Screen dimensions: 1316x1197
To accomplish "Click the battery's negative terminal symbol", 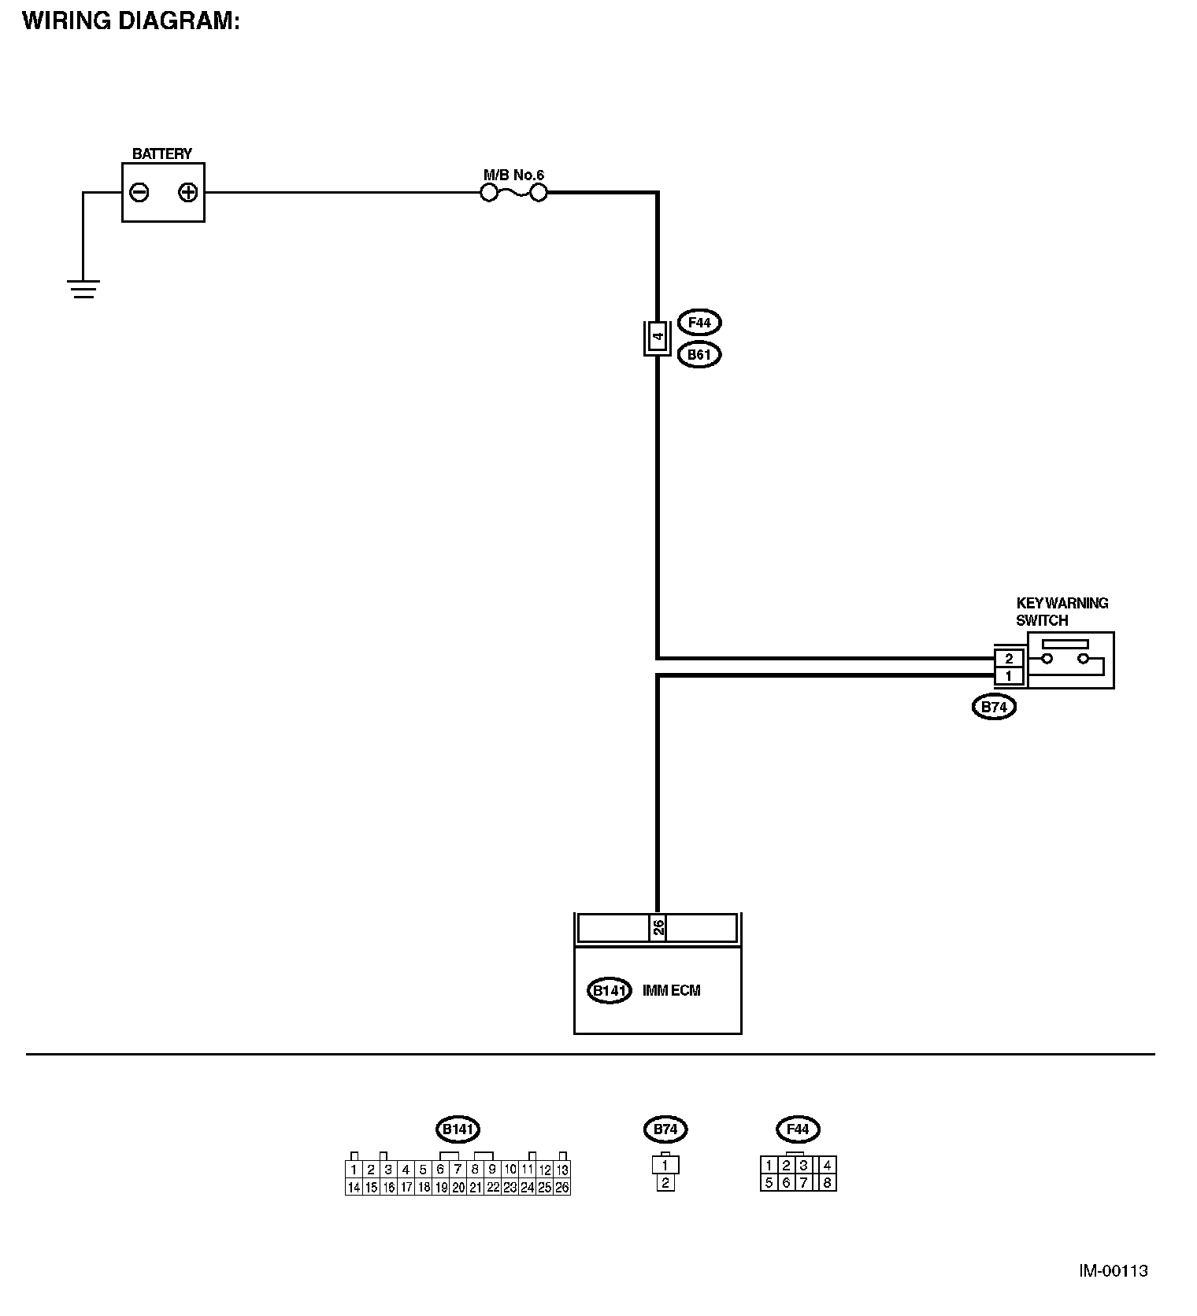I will (139, 192).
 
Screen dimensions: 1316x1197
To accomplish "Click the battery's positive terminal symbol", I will (187, 192).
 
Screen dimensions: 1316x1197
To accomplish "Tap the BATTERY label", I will (162, 153).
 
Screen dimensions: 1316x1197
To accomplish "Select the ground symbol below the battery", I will (83, 289).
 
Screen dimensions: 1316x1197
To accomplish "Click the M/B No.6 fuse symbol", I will (513, 193).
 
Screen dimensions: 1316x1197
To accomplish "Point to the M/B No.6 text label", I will (513, 175).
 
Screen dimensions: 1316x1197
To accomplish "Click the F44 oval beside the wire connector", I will (699, 323).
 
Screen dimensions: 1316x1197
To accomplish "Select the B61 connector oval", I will (699, 355).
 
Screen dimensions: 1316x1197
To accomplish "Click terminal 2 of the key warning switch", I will (1009, 658).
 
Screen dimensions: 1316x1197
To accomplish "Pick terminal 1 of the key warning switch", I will (1009, 676).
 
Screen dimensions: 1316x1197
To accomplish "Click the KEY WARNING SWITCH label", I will (1062, 612).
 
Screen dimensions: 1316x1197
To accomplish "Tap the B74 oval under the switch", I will (994, 707).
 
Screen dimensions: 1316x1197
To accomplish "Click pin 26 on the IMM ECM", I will (658, 928).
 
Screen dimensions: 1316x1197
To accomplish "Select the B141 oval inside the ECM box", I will (610, 991).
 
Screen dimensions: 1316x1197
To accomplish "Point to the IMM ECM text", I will (671, 991).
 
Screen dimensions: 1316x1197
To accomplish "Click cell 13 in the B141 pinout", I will (562, 1170).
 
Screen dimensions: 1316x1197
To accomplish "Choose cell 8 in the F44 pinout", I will (827, 1182).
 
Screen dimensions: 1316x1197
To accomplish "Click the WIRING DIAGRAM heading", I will (131, 21).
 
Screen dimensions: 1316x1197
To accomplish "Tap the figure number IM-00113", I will (1113, 1271).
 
